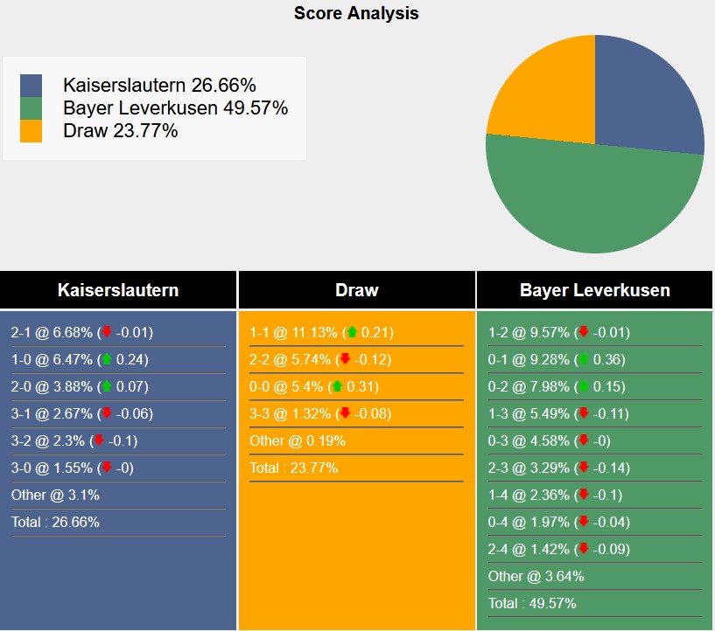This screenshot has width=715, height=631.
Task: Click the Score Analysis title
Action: pos(356,13)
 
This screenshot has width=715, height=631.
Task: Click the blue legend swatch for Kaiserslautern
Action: pos(31,86)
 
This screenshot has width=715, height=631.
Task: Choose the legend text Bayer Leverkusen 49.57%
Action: pos(175,108)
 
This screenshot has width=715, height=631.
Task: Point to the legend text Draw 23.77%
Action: pos(121,131)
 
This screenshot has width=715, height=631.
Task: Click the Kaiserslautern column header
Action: pos(118,290)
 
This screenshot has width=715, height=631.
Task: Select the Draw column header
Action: pos(356,290)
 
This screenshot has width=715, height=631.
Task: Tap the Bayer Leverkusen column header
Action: pos(595,290)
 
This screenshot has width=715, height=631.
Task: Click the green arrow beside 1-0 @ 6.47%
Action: pos(107,359)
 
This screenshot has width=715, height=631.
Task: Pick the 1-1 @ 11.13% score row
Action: pos(321,332)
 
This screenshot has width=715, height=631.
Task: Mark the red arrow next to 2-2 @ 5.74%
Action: pos(345,359)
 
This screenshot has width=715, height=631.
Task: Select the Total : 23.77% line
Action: pos(293,468)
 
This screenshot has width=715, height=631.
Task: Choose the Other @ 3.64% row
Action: pos(536,576)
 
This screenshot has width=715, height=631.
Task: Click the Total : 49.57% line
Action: pos(532,603)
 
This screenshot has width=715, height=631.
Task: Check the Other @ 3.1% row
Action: pos(55,495)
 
